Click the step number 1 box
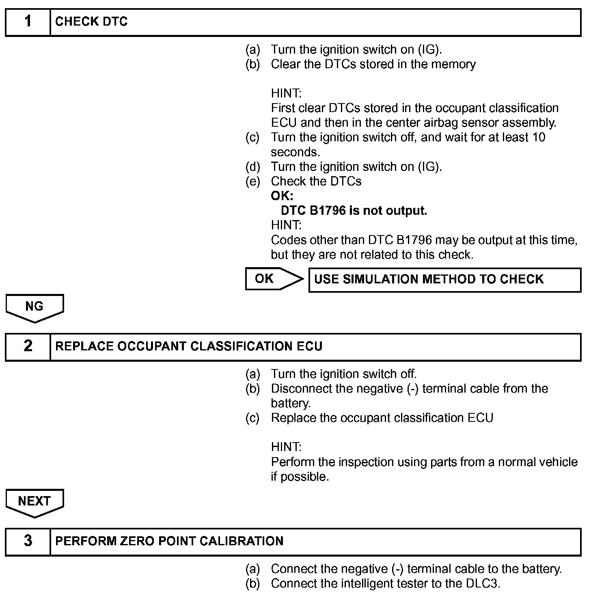point(28,22)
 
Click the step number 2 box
point(28,347)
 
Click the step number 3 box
point(28,542)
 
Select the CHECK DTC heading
point(91,22)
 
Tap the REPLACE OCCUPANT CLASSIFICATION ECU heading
point(189,346)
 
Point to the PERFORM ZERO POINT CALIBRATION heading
point(169,541)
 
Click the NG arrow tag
point(35,307)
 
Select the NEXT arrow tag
point(35,502)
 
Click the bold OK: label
point(282,196)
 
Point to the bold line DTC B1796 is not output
point(354,211)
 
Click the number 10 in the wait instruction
point(538,137)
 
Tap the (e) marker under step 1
point(252,181)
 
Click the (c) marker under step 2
point(252,418)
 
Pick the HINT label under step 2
point(286,447)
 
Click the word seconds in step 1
point(295,152)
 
